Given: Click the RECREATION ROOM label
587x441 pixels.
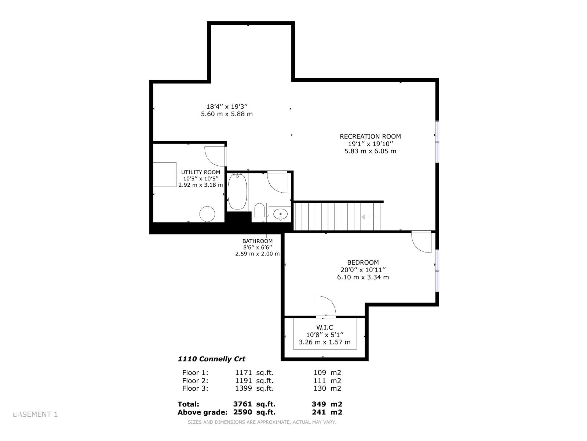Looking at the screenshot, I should click(x=370, y=136).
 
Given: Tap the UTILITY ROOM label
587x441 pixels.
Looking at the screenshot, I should click(x=201, y=172).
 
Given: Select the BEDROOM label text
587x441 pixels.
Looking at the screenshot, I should click(x=363, y=262).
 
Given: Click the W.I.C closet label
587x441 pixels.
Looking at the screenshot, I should click(x=325, y=327).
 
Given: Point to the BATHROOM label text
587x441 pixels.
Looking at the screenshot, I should click(x=258, y=241).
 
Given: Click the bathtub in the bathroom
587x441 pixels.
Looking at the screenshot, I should click(x=237, y=191).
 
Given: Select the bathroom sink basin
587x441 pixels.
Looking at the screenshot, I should click(x=281, y=214).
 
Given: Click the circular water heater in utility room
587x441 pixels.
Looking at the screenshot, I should click(x=207, y=214).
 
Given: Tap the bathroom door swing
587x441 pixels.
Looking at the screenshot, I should click(x=277, y=182).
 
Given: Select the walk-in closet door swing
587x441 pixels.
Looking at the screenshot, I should click(x=325, y=306).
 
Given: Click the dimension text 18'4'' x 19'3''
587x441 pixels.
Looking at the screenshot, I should click(x=227, y=107).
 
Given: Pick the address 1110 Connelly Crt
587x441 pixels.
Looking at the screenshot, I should click(x=212, y=359).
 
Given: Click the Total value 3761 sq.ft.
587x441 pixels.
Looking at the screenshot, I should click(x=254, y=404).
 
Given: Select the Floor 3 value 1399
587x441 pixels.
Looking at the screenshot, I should click(x=243, y=388).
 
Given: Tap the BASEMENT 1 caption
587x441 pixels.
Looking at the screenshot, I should click(x=35, y=414).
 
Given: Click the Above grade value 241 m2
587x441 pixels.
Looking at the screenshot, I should click(x=327, y=412).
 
